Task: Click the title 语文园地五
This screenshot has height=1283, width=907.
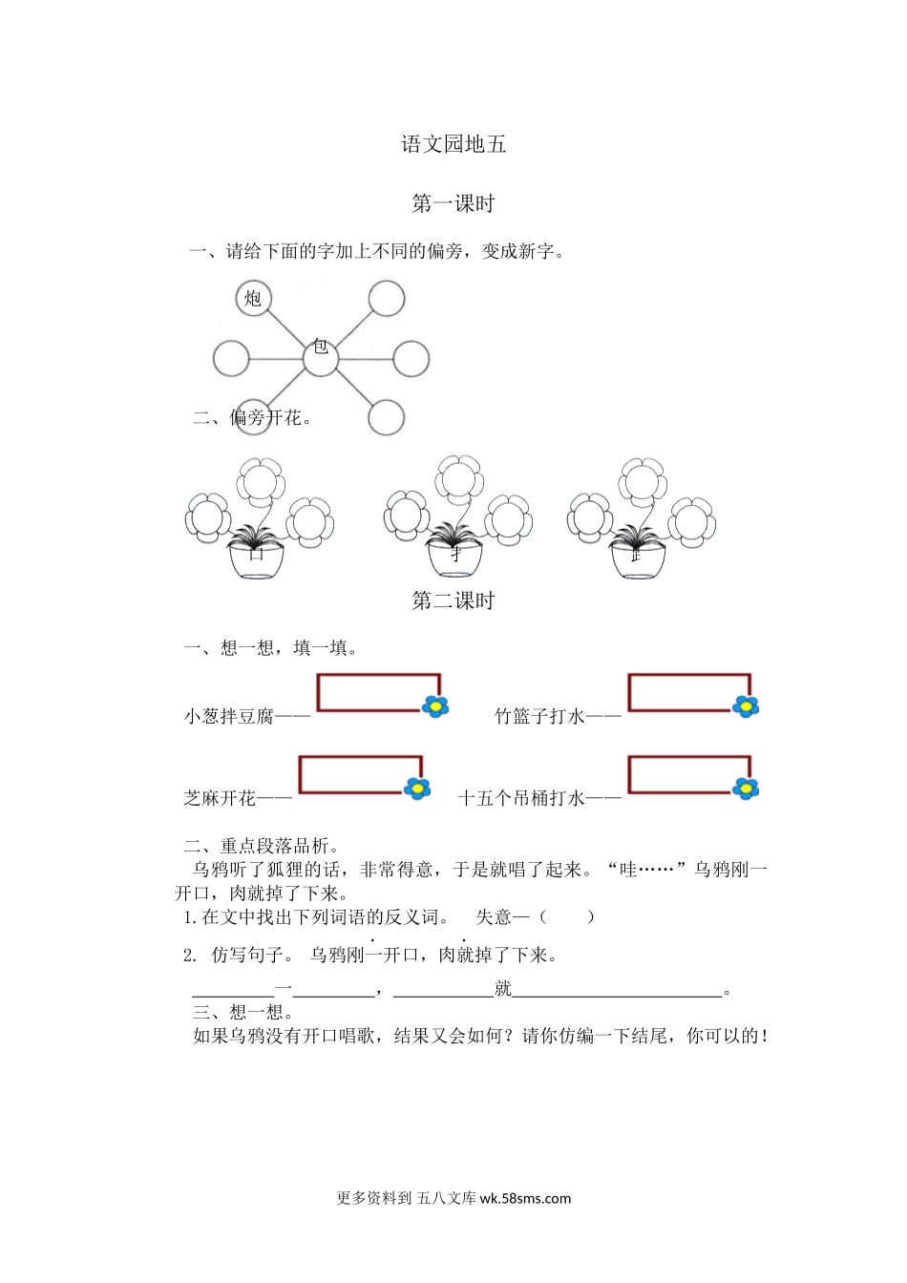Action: [x=453, y=144]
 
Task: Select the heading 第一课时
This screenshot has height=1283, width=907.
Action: [x=453, y=203]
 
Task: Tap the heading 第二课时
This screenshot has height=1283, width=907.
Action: [x=453, y=600]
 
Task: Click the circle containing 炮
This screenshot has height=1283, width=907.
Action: [x=253, y=299]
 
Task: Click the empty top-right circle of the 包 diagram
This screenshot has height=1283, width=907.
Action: [x=387, y=299]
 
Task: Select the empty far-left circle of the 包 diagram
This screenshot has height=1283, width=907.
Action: [x=231, y=359]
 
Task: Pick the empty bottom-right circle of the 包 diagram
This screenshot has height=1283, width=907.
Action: [x=387, y=417]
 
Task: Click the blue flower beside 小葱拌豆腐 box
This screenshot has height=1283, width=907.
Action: [x=435, y=706]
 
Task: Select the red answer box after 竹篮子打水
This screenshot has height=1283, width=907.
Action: [x=687, y=693]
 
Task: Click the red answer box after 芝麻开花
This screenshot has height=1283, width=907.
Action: [x=359, y=774]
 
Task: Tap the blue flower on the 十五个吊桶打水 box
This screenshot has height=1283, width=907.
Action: [x=746, y=789]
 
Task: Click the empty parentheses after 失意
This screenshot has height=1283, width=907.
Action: [x=567, y=917]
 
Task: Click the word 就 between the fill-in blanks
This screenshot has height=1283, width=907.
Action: [x=503, y=989]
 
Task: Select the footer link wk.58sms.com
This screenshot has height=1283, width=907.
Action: [x=525, y=1199]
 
